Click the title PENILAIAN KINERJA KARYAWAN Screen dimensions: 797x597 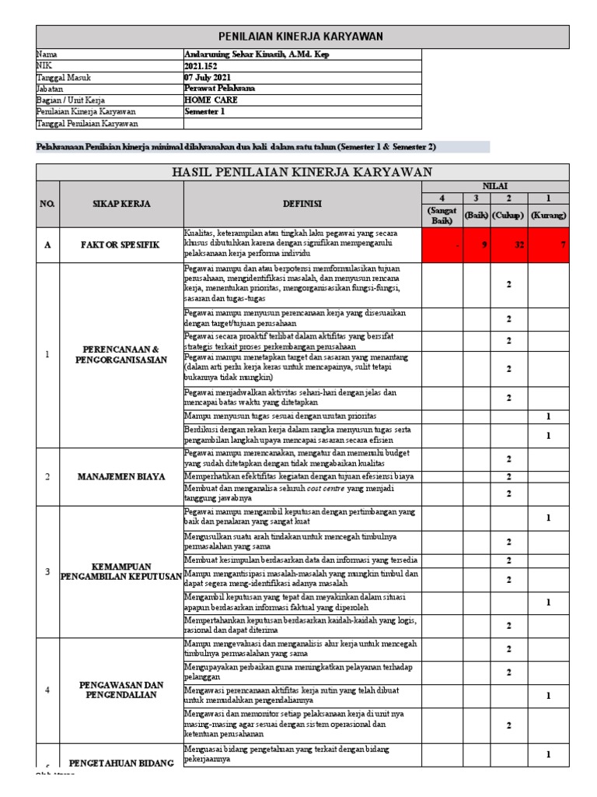pos(303,37)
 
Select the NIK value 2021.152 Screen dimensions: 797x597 pos(201,66)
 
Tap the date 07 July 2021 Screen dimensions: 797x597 pos(208,77)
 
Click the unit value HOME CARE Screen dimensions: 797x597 pos(211,100)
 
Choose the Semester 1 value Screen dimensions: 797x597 pos(206,111)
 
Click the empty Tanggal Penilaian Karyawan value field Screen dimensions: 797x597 pos(302,123)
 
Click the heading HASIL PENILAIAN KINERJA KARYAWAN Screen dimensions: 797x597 pos(303,171)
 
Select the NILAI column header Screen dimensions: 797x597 pos(495,187)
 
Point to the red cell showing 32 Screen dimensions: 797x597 pos(509,244)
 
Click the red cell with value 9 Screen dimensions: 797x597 pos(477,244)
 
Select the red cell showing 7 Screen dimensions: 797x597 pos(548,244)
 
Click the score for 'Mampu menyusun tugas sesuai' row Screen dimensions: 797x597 pos(548,417)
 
